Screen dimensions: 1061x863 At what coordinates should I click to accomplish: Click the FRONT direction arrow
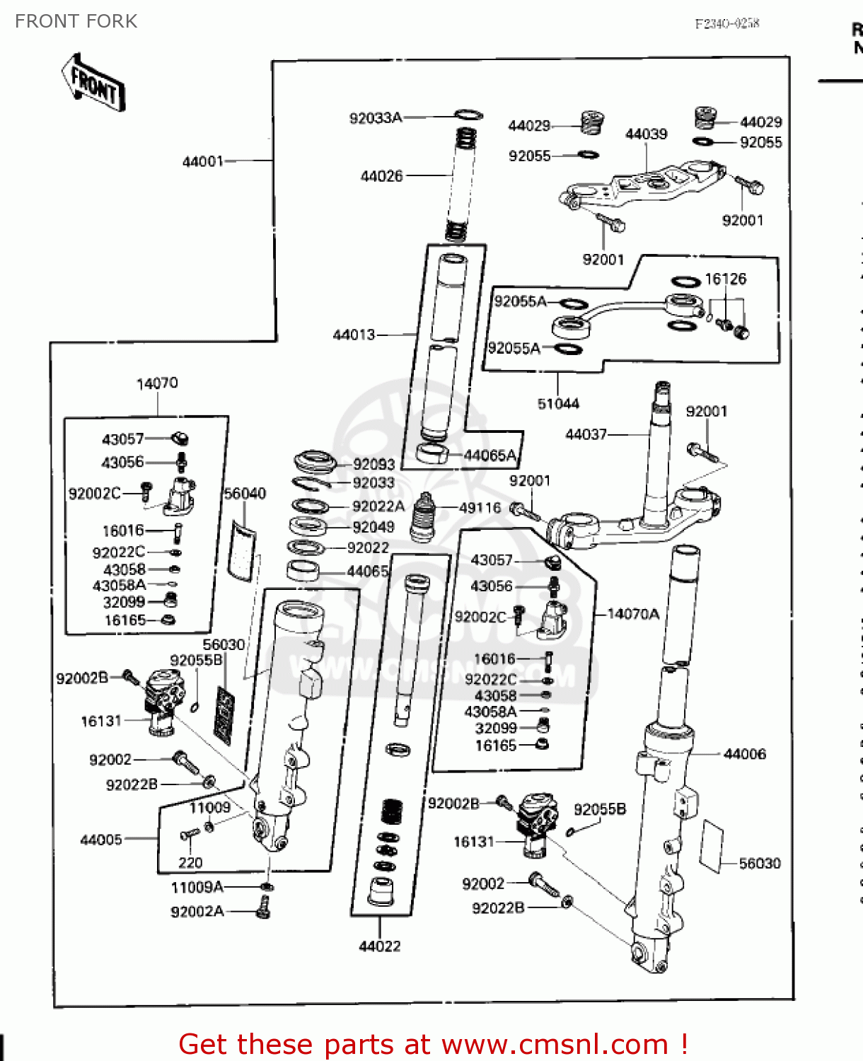coord(93,83)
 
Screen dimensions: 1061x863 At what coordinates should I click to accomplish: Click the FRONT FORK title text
coord(76,21)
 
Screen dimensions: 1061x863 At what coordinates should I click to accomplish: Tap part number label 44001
coord(202,161)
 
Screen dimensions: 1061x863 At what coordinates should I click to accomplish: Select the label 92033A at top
coord(375,118)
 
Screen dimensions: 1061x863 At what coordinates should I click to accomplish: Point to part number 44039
coord(646,134)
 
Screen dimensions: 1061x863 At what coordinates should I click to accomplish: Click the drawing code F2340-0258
coord(726,23)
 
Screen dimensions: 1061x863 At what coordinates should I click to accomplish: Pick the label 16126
coord(725,279)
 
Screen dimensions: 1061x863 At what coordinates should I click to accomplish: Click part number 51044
coord(558,403)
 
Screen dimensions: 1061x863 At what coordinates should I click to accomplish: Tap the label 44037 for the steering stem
coord(586,434)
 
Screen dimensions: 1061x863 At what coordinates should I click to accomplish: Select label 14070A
coord(633,614)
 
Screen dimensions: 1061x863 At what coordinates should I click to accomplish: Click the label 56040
coord(245,493)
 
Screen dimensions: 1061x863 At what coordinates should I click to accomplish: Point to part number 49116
coord(480,507)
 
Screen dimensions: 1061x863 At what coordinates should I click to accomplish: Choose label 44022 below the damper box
coord(380,946)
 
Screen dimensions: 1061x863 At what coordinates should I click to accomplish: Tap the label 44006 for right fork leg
coord(744,754)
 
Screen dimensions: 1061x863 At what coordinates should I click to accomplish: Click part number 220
coord(190,862)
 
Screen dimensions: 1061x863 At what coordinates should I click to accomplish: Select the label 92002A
coord(197,912)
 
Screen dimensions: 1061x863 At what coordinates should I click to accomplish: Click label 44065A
coord(490,456)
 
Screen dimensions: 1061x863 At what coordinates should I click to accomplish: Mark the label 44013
coord(354,335)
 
